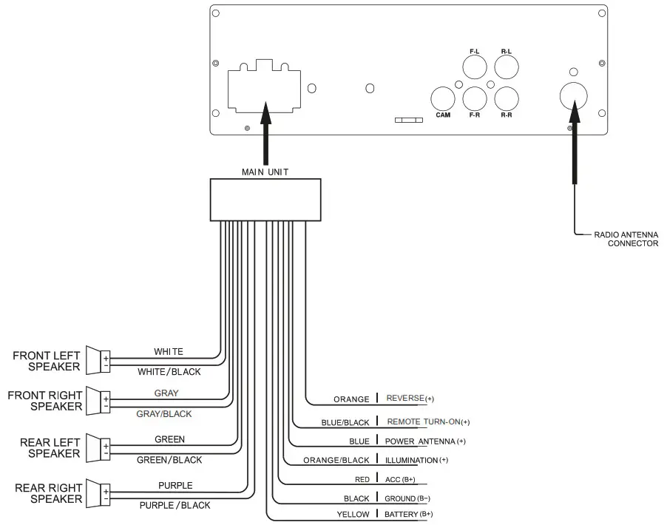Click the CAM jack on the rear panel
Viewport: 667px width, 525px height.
click(443, 98)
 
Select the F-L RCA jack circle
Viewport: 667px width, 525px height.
click(475, 67)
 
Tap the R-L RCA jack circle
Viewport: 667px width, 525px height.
click(507, 67)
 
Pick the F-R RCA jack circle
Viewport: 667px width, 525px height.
click(475, 98)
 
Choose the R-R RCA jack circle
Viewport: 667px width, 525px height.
click(507, 98)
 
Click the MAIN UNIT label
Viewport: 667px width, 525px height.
click(265, 172)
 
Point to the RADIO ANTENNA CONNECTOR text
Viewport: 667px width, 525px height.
click(626, 239)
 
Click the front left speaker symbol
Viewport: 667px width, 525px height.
click(98, 360)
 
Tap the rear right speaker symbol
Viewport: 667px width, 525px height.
click(98, 493)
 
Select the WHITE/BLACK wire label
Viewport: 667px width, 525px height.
click(169, 372)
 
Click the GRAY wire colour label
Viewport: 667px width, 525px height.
click(166, 393)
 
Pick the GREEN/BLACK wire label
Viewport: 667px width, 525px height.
click(169, 460)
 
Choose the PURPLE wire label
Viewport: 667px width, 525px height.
click(175, 485)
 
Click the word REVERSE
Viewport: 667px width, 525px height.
click(405, 399)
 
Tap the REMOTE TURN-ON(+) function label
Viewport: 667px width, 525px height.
click(428, 421)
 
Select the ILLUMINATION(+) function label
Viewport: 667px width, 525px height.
click(416, 461)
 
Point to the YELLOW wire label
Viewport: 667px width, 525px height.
click(353, 515)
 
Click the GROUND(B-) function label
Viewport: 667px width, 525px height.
click(407, 498)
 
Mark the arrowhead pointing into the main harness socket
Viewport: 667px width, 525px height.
click(266, 112)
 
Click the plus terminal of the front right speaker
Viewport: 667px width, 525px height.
click(106, 399)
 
